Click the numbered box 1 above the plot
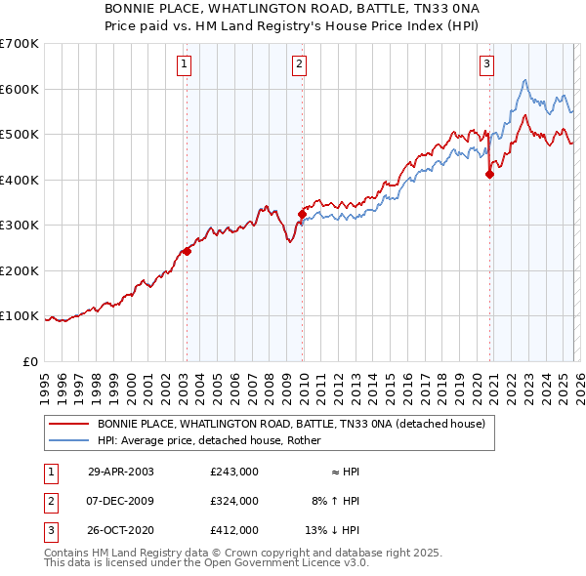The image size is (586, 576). (185, 65)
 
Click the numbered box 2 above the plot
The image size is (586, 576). (299, 65)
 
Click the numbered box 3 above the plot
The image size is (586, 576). (486, 65)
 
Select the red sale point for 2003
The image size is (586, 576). (187, 251)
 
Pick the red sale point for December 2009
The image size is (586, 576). (302, 214)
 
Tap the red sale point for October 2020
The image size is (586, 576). (489, 175)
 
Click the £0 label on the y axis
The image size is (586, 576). (31, 361)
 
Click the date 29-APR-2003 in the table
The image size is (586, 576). (121, 472)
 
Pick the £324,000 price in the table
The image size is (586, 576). (234, 501)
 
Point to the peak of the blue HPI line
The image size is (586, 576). (525, 80)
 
